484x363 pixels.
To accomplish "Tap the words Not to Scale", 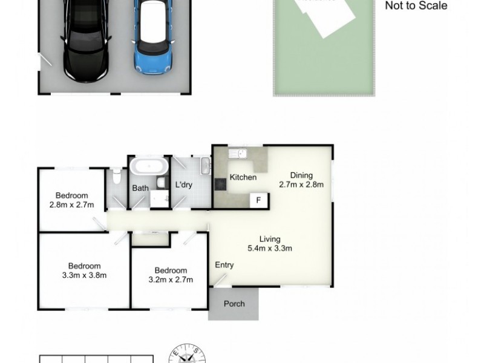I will pyautogui.click(x=416, y=6).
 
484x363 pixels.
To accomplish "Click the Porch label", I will pyautogui.click(x=234, y=304).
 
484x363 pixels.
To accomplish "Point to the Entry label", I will pyautogui.click(x=224, y=265).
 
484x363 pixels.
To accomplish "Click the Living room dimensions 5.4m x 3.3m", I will pyautogui.click(x=270, y=248).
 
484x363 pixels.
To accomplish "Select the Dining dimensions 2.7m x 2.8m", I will pyautogui.click(x=301, y=185).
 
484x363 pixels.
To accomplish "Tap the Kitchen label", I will pyautogui.click(x=243, y=177).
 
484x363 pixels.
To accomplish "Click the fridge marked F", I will pyautogui.click(x=258, y=200).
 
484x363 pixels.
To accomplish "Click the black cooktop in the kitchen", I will pyautogui.click(x=219, y=184).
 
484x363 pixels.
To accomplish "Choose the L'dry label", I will pyautogui.click(x=183, y=185).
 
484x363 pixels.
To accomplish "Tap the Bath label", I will pyautogui.click(x=140, y=188).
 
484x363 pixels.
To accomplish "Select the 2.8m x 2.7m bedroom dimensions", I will pyautogui.click(x=72, y=205).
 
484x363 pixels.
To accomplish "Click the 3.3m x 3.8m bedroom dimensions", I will pyautogui.click(x=84, y=275).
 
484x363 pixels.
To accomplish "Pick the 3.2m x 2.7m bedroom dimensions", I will pyautogui.click(x=170, y=280).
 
